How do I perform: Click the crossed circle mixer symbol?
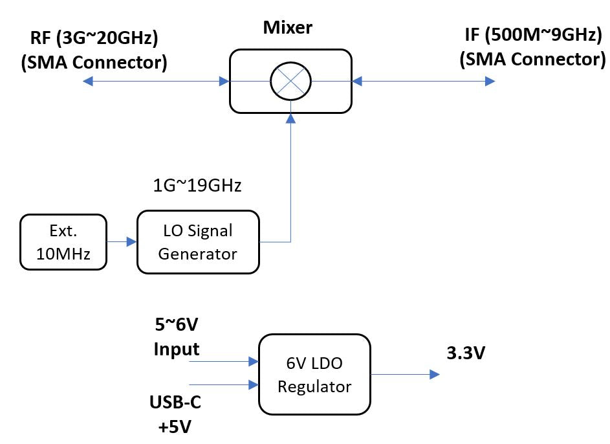pos(290,81)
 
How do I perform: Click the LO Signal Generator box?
pos(197,241)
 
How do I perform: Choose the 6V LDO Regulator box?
pos(314,374)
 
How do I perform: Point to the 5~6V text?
pos(176,325)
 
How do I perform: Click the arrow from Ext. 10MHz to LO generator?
pos(122,242)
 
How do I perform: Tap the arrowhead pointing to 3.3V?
pos(435,374)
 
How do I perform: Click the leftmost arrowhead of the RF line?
pos(88,81)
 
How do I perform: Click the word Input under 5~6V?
pos(176,349)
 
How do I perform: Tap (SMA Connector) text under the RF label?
pos(94,62)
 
